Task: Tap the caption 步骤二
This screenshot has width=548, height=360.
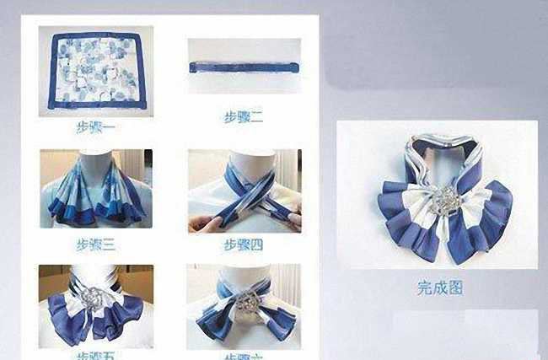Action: (x=243, y=117)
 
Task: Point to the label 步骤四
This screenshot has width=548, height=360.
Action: (x=243, y=244)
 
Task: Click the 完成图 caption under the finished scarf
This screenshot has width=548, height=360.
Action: (x=439, y=287)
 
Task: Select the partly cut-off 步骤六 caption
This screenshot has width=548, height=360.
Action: (x=243, y=356)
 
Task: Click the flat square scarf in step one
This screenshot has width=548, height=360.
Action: (x=94, y=73)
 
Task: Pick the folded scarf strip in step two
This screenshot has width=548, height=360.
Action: (x=244, y=66)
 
